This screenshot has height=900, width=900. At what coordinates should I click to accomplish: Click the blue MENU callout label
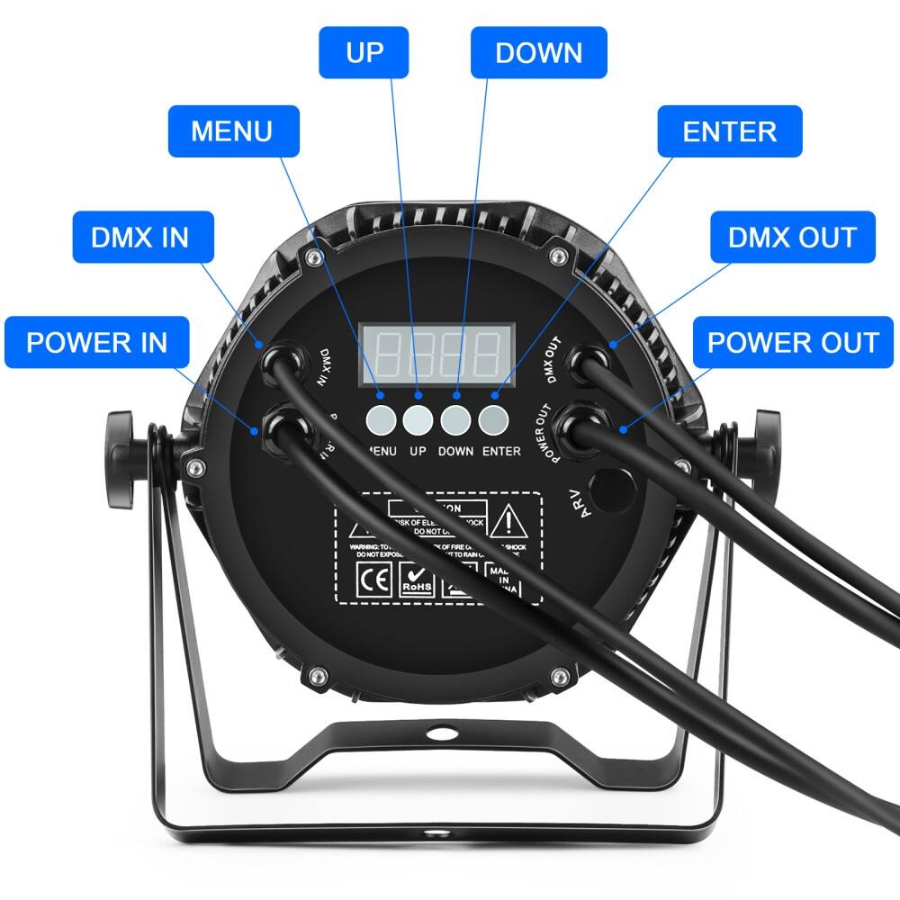click(232, 131)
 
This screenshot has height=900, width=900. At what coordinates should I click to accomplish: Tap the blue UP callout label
click(364, 52)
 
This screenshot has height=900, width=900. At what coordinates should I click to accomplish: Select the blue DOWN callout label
click(539, 52)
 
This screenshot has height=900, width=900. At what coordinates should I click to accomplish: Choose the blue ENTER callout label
click(729, 131)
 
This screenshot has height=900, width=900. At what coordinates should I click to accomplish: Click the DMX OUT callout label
click(792, 238)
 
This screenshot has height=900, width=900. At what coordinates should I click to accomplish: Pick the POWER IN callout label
click(96, 342)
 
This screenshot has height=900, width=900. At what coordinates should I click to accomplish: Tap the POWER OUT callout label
click(792, 342)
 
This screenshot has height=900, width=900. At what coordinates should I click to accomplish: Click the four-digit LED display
click(436, 353)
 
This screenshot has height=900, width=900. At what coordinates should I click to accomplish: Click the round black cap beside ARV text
click(616, 487)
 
